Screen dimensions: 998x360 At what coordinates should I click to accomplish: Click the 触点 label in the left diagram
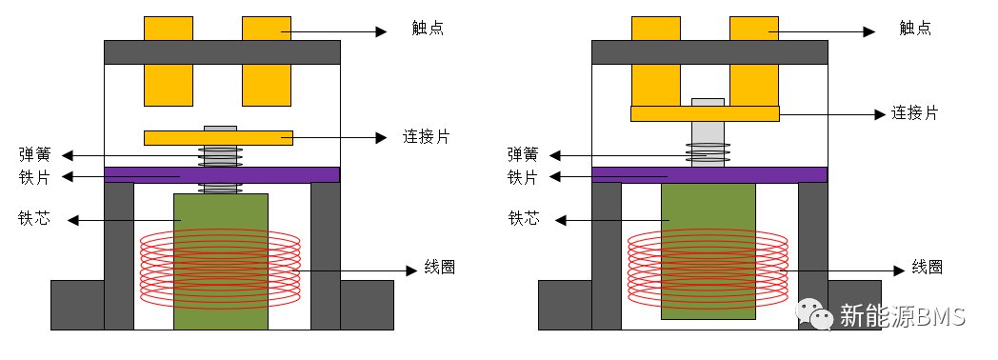tap(428, 29)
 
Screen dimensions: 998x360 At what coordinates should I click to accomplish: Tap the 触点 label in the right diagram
tap(915, 29)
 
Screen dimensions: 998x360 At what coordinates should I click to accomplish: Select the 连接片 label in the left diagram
tap(426, 136)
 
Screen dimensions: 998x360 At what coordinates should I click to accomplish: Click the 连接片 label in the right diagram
tap(914, 113)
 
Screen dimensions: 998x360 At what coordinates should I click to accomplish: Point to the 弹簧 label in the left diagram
tap(35, 154)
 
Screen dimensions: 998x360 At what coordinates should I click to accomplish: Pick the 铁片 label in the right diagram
tap(523, 177)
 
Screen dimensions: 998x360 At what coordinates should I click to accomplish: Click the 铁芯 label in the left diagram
tap(35, 219)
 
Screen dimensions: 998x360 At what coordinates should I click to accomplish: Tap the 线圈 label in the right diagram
tap(927, 267)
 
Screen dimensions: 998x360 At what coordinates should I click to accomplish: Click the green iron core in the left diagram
tap(221, 261)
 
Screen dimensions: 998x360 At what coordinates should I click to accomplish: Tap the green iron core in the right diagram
tap(709, 250)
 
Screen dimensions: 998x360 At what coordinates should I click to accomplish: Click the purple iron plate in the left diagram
tap(222, 175)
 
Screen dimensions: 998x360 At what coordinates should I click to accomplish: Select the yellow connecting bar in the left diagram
tap(219, 138)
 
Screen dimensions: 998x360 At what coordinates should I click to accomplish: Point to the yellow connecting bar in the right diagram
tap(706, 113)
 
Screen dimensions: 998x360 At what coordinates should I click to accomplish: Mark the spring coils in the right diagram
tap(708, 154)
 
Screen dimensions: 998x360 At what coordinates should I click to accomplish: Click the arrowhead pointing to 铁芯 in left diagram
tap(72, 220)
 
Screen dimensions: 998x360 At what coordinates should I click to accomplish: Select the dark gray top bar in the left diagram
tap(222, 52)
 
